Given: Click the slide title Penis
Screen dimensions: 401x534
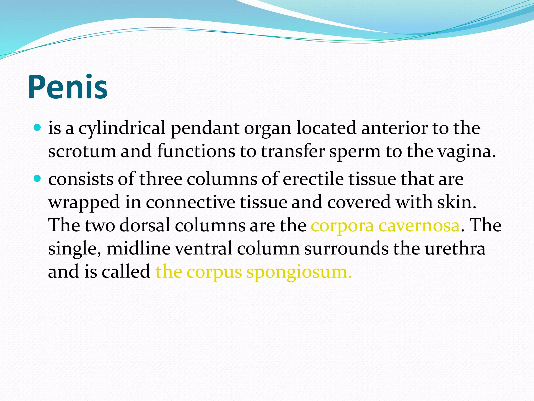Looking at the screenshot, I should [x=68, y=87].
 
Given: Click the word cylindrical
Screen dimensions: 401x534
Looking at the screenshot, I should [x=122, y=128].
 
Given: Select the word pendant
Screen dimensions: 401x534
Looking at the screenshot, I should [x=205, y=128].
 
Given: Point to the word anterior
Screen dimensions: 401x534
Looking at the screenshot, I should [x=394, y=128].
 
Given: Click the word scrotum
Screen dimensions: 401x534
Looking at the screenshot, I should [x=82, y=151].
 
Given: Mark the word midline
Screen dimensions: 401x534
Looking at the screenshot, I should [x=138, y=248].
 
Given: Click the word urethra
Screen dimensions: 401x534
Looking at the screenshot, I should [x=455, y=248].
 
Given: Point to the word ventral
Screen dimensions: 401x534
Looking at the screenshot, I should [x=203, y=248].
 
